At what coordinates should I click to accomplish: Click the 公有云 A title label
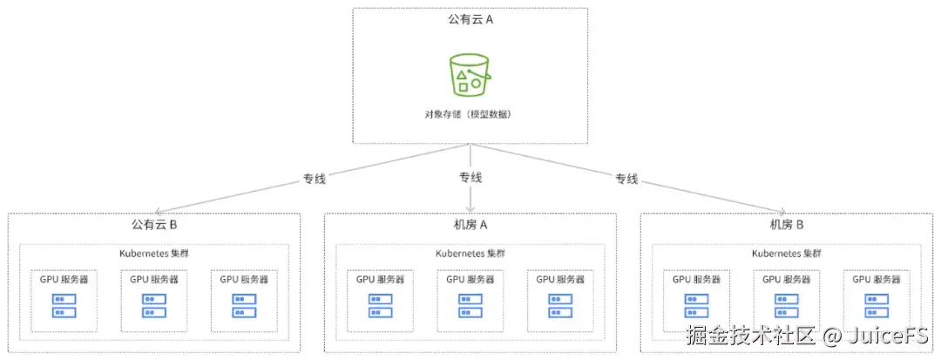[470, 19]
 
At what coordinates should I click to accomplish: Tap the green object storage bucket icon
[470, 74]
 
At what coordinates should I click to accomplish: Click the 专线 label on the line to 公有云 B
[315, 180]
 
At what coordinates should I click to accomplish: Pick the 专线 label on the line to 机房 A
[470, 178]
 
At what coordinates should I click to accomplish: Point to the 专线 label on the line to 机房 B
[626, 180]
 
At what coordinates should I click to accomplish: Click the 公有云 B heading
[154, 225]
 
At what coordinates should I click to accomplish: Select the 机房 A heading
[470, 225]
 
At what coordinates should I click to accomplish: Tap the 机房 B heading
[786, 225]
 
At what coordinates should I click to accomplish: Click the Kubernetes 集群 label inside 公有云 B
[154, 254]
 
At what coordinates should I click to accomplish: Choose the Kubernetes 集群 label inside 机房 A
[470, 254]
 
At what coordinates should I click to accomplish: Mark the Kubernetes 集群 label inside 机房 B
[786, 254]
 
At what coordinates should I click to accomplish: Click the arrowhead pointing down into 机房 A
[470, 209]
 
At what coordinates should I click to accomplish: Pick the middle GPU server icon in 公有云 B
[154, 305]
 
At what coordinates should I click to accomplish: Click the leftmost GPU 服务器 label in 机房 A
[380, 280]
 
